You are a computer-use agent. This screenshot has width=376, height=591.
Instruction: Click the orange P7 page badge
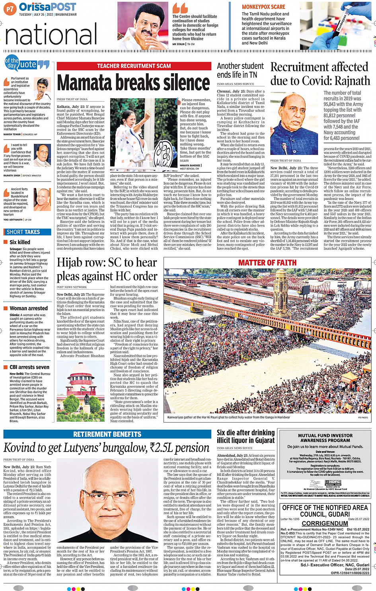click(x=10, y=8)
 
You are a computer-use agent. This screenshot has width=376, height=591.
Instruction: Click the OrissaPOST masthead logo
click(x=47, y=7)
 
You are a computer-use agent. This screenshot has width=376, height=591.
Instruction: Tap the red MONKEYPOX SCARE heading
click(x=263, y=7)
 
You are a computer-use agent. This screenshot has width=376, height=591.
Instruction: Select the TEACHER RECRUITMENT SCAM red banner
click(x=134, y=66)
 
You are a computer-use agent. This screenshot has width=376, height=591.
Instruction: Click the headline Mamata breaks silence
click(x=134, y=83)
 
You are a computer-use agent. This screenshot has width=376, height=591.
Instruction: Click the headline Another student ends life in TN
click(x=240, y=70)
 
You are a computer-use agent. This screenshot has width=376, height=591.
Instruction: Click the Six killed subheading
click(x=20, y=242)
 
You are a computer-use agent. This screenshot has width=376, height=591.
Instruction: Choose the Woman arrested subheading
click(x=29, y=308)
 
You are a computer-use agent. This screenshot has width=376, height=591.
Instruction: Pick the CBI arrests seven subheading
click(x=29, y=367)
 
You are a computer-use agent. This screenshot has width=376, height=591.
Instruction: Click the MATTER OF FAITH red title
click(x=267, y=262)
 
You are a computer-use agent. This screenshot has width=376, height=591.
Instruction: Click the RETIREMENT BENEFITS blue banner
click(x=107, y=434)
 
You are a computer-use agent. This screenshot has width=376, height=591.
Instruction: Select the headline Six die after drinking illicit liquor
click(x=245, y=436)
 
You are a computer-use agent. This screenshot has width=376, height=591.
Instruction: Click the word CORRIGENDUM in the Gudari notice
click(x=325, y=523)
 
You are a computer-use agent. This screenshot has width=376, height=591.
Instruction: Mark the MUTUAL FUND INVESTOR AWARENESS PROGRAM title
click(x=325, y=438)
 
